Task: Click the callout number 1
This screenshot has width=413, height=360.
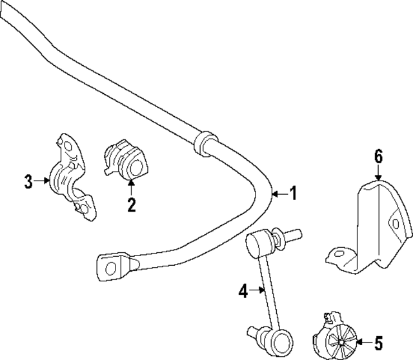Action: coord(293,193)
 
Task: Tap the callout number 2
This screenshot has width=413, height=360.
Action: coord(131,205)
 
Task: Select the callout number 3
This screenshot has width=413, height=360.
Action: coord(28,181)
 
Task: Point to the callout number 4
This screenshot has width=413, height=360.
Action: coord(243,291)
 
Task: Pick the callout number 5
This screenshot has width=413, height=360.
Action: coord(379,343)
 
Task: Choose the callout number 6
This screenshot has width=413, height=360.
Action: coord(378,157)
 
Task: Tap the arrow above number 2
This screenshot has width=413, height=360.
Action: coord(131,186)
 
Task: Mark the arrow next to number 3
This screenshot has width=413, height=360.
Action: coord(41,181)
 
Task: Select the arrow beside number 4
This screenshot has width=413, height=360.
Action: coord(257,290)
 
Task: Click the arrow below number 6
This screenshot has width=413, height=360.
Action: coord(378,174)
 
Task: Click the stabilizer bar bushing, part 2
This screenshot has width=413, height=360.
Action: coord(126,159)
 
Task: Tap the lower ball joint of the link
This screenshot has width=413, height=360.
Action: coord(282,340)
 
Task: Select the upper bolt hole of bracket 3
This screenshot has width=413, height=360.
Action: coord(68,146)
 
